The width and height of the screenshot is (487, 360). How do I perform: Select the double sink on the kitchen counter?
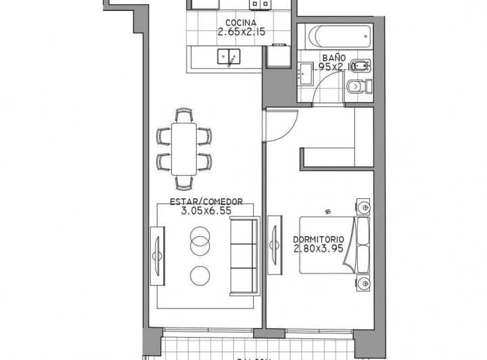tap(229, 58)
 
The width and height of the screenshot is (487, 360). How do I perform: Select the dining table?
tap(184, 148)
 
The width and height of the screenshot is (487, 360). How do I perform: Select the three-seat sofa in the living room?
tap(244, 256)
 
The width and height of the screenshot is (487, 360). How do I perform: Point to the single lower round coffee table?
tap(200, 275)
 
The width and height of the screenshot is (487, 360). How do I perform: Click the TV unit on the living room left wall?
tap(157, 256)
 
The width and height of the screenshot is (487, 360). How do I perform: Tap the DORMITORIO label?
tap(319, 240)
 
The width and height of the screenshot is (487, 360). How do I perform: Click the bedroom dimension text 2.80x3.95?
tap(319, 249)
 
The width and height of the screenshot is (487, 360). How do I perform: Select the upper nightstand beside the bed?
tap(364, 206)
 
